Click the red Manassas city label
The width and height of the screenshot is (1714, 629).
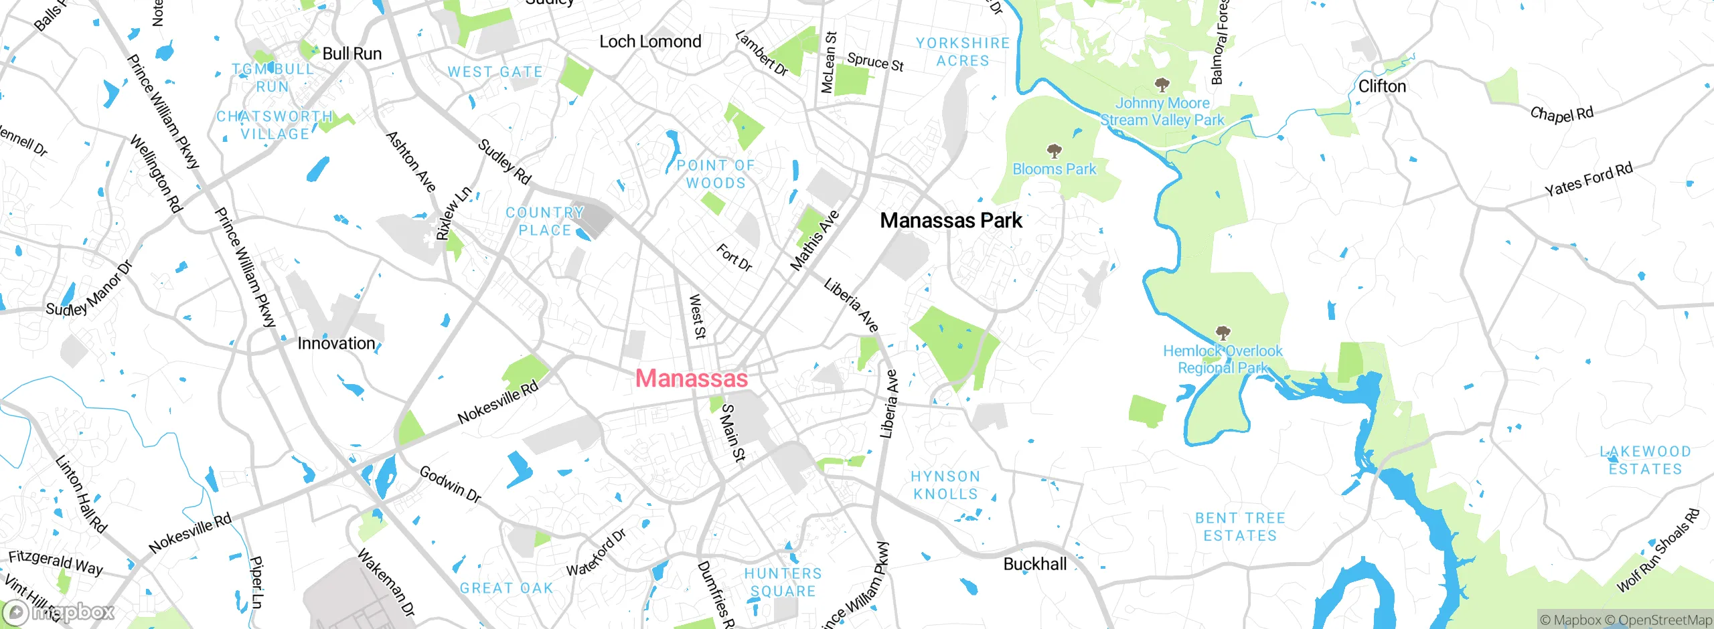coord(691,378)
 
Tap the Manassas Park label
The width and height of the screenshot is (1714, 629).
coord(951,220)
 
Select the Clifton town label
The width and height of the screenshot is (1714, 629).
coord(1382,86)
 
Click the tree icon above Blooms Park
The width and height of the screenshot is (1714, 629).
coord(1054,151)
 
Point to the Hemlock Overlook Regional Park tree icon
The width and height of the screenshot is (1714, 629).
coord(1223,333)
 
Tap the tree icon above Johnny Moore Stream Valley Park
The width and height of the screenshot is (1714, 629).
coord(1162,84)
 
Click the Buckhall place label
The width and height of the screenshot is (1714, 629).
coord(1034,564)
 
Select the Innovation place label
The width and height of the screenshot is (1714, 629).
coord(336,343)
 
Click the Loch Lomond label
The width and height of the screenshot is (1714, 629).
coord(650,41)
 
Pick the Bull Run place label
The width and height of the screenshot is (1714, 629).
coord(352,54)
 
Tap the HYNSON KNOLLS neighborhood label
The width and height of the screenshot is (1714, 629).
coord(945,485)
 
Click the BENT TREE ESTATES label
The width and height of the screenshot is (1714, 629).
coord(1240,527)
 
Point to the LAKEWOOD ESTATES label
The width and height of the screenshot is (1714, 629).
coord(1645,460)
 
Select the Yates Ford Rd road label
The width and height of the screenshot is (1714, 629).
coord(1588,179)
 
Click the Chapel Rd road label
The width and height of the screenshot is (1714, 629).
coord(1561,114)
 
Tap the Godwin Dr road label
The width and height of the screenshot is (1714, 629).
coord(450,484)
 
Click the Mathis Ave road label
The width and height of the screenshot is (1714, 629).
coord(814,241)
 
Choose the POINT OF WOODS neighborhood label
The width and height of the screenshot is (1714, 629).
coord(715,174)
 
